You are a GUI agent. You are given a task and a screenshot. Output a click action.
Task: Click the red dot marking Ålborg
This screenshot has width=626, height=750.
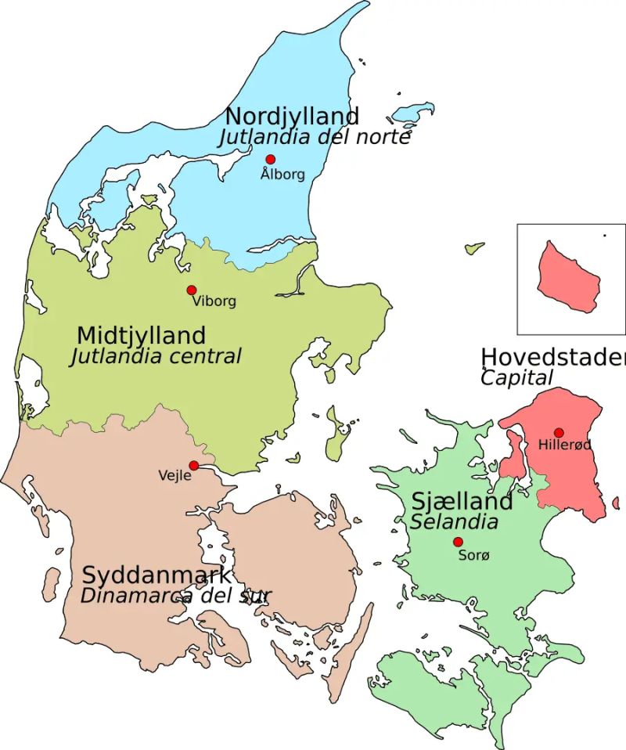(x=271, y=159)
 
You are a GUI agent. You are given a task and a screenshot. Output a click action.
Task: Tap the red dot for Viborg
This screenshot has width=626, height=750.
(x=191, y=290)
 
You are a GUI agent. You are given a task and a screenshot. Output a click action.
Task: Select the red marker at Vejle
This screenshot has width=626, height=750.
(x=193, y=465)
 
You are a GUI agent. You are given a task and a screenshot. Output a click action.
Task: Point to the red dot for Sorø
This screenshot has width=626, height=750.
(x=458, y=542)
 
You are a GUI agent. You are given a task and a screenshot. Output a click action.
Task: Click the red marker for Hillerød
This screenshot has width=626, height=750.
(x=559, y=432)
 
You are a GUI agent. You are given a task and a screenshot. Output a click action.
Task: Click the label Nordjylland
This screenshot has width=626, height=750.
(x=292, y=116)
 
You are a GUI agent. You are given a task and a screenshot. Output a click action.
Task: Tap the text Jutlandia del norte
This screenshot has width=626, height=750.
(x=315, y=137)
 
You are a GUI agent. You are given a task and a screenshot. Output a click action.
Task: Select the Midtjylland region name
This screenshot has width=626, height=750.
(x=141, y=336)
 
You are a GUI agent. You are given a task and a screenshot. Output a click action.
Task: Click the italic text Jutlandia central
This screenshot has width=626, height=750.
(x=156, y=357)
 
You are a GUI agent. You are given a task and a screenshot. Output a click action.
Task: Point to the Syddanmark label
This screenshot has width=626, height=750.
(x=156, y=575)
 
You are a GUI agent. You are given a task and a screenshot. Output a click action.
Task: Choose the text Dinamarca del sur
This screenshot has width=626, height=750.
(x=175, y=595)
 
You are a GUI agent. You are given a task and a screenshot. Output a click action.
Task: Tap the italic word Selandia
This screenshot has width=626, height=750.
(x=455, y=521)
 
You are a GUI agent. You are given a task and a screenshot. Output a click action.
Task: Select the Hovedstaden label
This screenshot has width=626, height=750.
(x=552, y=357)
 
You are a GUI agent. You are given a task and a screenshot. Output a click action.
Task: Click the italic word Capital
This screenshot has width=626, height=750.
(x=516, y=378)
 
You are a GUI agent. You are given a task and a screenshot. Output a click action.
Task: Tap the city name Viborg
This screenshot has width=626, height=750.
(x=214, y=301)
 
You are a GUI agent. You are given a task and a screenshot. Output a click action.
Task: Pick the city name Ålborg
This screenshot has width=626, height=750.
(x=282, y=175)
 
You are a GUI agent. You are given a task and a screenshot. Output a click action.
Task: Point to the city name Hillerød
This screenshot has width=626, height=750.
(x=564, y=445)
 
